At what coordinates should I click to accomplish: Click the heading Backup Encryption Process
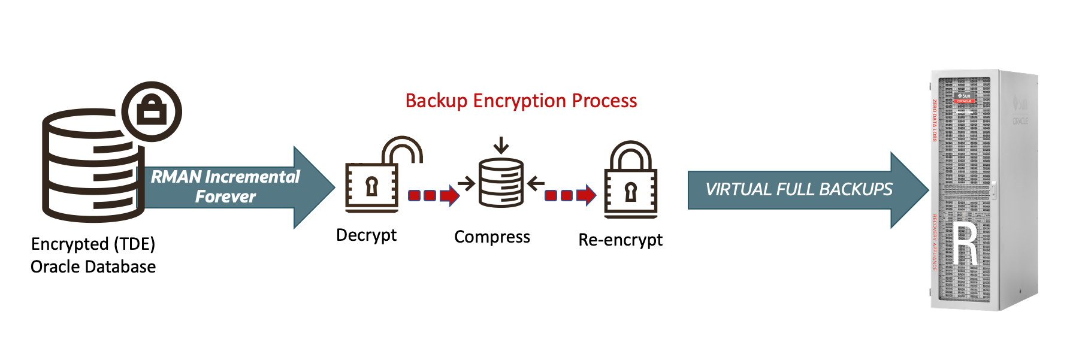tap(521, 101)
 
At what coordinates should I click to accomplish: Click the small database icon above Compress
tap(501, 183)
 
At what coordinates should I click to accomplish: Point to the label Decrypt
tap(366, 235)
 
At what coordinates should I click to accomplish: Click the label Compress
tap(492, 237)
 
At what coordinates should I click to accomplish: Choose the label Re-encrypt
tap(620, 240)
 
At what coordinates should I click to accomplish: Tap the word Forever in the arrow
tap(225, 197)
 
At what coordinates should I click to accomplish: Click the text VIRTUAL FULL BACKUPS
tap(799, 190)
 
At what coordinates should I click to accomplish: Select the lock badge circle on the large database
tap(152, 111)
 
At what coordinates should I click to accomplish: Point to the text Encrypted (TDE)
tap(93, 244)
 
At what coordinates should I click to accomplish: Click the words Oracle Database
tap(93, 267)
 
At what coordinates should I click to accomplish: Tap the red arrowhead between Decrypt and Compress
tap(450, 195)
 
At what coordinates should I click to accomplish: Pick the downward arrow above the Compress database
tap(501, 146)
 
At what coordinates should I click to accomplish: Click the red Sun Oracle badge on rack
tap(965, 98)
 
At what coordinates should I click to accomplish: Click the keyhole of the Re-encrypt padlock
tap(630, 192)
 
